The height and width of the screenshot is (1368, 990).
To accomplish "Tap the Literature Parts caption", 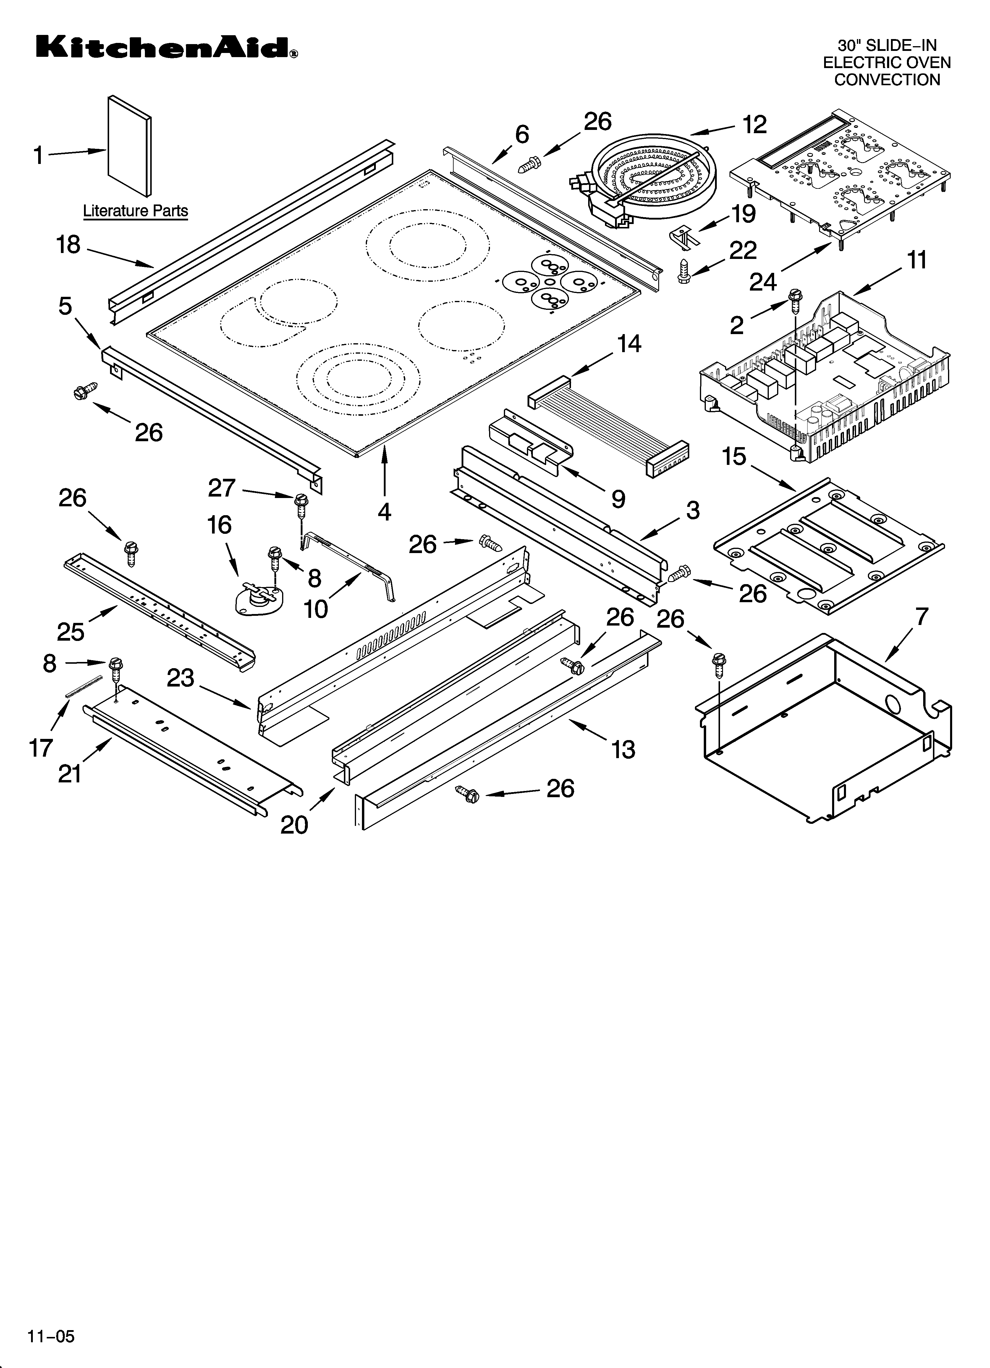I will tap(135, 211).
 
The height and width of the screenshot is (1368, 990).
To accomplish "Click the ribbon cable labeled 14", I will tap(609, 425).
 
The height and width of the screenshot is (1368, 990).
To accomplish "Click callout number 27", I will tap(222, 487).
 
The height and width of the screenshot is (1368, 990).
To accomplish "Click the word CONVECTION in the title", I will tap(887, 80).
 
